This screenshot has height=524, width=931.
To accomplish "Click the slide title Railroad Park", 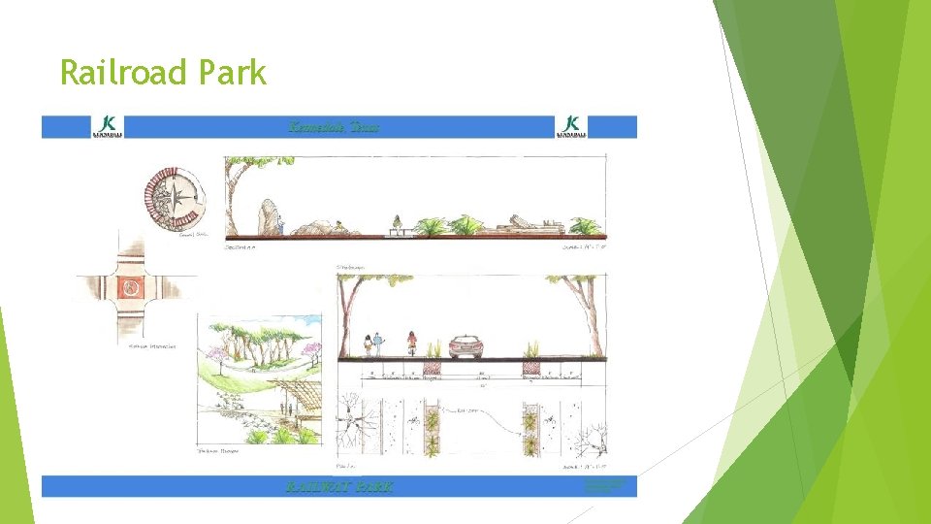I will coord(163,73).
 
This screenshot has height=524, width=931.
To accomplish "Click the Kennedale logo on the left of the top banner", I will coord(108,126).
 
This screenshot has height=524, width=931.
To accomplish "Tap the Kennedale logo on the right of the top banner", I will coord(571,126).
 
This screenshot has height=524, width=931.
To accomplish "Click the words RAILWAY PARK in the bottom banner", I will coord(339,486).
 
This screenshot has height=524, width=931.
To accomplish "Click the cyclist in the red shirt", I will coord(411,344).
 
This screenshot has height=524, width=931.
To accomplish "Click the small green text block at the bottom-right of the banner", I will coord(604,485).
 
